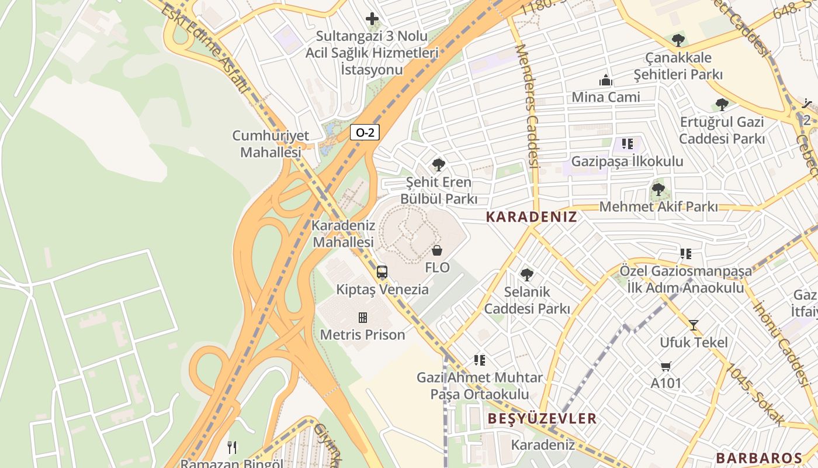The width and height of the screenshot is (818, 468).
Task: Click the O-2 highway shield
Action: [x=365, y=132]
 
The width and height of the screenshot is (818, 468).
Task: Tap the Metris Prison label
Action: [x=362, y=335]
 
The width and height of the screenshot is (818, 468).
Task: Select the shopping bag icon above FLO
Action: [x=437, y=250]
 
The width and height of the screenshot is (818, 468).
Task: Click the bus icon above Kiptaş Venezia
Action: [x=382, y=272]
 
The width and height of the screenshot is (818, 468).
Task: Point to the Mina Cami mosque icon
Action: [x=606, y=80]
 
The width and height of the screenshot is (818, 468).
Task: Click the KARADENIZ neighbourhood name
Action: [x=531, y=217]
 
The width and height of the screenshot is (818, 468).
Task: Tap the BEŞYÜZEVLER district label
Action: [x=542, y=418]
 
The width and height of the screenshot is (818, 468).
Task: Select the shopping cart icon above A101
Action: [x=666, y=366]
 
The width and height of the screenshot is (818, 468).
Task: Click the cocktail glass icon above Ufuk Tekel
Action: [x=694, y=325]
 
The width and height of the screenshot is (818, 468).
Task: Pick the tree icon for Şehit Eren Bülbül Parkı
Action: [x=439, y=165]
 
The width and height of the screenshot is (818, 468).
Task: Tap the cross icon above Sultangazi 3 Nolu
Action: [x=372, y=19]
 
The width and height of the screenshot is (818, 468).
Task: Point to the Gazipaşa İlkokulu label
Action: [x=627, y=161]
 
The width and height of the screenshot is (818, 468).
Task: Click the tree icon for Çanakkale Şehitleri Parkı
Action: [x=678, y=40]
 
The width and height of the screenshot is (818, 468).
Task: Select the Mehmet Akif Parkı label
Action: [x=658, y=207]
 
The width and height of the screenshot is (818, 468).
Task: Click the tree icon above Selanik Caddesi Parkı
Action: [x=526, y=274]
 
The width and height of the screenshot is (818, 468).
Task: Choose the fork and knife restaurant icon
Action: [x=232, y=448]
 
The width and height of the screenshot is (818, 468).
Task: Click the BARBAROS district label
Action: [x=759, y=458]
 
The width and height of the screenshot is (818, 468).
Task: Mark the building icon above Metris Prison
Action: [x=363, y=318]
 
